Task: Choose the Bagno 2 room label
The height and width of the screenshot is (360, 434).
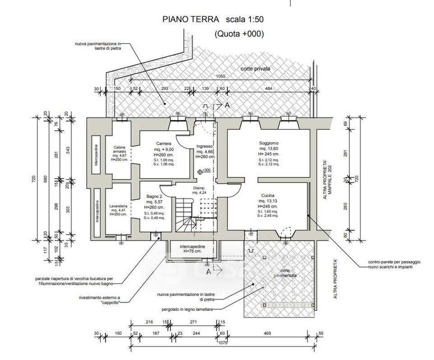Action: [x=155, y=196]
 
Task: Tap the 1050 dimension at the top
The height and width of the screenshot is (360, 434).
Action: [x=221, y=77]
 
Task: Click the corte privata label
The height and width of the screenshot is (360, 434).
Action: [x=256, y=70]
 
